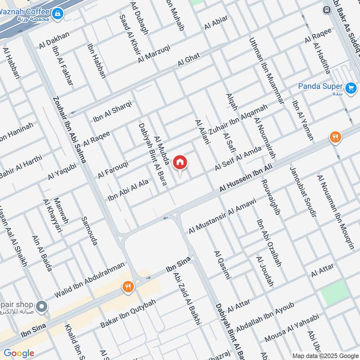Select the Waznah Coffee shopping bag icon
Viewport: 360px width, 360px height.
[x=57, y=15]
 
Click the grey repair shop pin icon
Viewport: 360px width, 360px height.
[x=42, y=307]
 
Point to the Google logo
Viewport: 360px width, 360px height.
[x=19, y=353]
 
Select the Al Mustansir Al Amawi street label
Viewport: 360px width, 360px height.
[x=222, y=216]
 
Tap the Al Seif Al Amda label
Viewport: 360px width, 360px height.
[x=238, y=158]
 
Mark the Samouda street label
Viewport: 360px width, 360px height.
[x=89, y=231]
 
